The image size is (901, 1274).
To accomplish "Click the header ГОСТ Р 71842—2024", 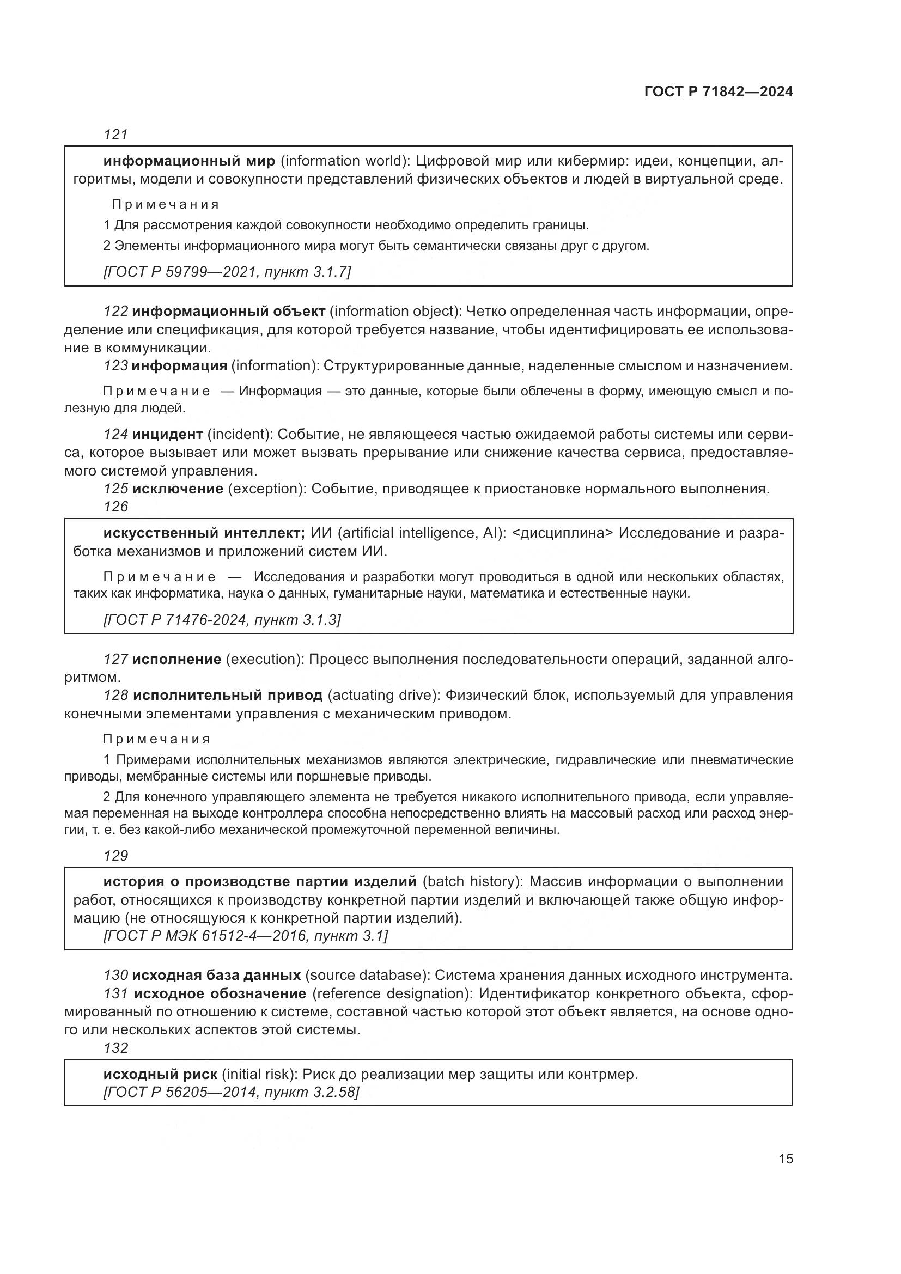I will tap(719, 92).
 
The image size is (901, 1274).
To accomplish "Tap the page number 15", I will tap(786, 1159).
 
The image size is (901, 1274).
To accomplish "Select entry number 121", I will tap(116, 135).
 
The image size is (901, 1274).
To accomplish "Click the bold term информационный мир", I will tap(189, 161).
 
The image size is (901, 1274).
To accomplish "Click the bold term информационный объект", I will tap(229, 312).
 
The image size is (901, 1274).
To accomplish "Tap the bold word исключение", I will tap(178, 489).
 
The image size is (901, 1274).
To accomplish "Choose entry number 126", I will tap(116, 507).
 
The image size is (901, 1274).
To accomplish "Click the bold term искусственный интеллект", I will tap(204, 533).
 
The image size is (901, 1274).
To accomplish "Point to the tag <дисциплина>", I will tap(562, 533).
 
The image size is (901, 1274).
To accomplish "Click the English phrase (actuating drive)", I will tap(382, 695).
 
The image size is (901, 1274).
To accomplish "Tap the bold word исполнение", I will tap(176, 659).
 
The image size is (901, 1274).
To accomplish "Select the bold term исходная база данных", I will tap(216, 975).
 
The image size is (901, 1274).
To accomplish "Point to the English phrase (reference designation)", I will tap(391, 993).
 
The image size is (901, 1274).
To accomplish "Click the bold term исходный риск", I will tap(160, 1074).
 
